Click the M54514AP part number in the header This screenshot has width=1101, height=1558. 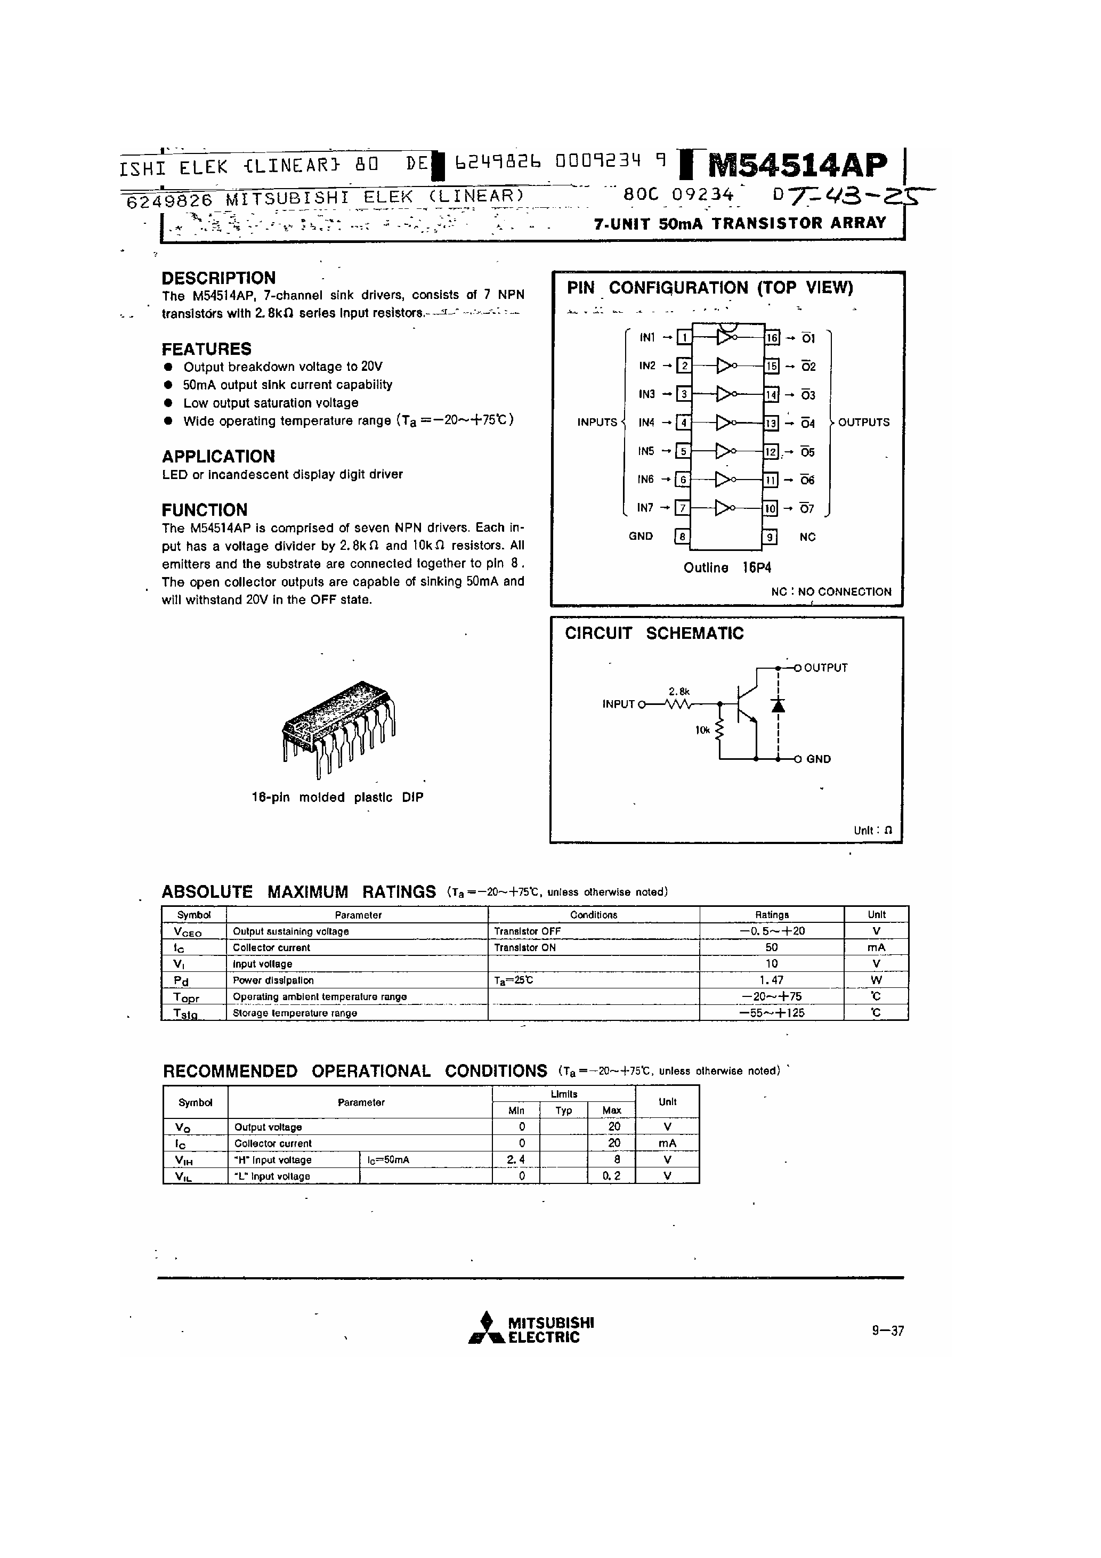798,165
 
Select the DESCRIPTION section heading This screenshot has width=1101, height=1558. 218,278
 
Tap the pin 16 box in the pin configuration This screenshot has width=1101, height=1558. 771,338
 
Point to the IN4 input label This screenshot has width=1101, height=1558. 646,423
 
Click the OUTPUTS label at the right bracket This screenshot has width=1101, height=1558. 863,422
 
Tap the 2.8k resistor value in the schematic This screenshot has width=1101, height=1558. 679,692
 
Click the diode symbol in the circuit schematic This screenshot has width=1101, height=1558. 778,705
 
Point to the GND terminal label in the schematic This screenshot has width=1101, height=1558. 818,759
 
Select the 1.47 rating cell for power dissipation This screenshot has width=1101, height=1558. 771,980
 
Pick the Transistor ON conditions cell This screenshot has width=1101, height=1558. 525,948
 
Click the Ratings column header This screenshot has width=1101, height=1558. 771,915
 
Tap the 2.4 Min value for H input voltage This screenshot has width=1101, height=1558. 515,1159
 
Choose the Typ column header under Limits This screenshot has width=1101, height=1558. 563,1110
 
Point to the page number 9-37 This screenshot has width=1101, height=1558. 887,1330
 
